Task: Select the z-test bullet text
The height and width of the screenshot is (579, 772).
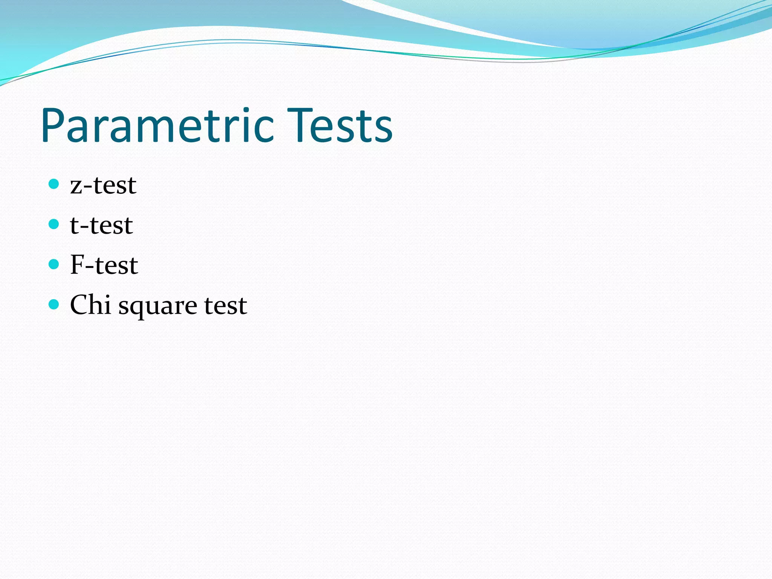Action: [x=103, y=185]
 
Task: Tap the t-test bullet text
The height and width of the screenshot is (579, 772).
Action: [x=101, y=225]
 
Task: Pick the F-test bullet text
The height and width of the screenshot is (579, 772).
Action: [x=104, y=265]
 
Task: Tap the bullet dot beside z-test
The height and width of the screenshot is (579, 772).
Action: [x=54, y=184]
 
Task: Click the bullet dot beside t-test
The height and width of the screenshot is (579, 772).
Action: [x=54, y=224]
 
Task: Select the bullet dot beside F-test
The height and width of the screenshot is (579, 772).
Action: [x=54, y=264]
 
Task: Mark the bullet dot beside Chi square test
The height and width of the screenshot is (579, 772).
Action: [x=54, y=304]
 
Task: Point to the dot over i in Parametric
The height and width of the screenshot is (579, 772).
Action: [x=246, y=110]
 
